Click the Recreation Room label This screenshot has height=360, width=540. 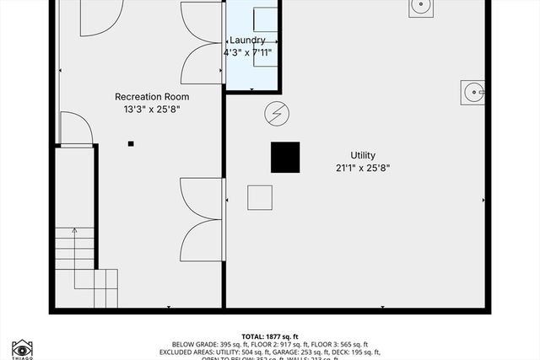(x=151, y=97)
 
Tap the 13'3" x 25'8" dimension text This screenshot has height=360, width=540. (x=151, y=109)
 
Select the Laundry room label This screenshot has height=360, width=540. (x=247, y=40)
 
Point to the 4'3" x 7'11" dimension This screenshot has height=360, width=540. (x=247, y=52)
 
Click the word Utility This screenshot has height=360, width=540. (x=363, y=155)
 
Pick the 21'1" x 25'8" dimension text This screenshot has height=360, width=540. (x=363, y=168)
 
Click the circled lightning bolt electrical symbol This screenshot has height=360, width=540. (x=276, y=112)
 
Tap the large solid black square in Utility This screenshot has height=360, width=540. (x=285, y=158)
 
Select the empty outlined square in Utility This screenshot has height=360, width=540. (x=260, y=197)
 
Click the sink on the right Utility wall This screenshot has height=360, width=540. (x=472, y=91)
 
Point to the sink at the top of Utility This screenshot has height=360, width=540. (x=422, y=7)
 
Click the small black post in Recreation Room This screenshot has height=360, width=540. (x=131, y=143)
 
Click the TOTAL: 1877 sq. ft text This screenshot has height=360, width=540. (x=270, y=336)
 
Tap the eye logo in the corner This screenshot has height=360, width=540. (x=22, y=347)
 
